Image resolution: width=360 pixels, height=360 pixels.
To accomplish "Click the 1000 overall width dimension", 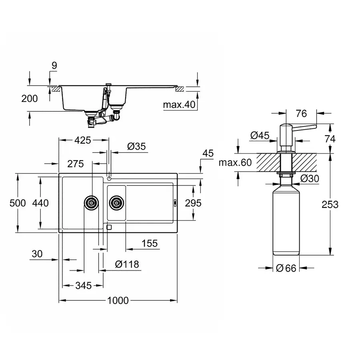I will coord(118,300).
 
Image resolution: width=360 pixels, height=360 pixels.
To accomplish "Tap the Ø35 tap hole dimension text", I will coord(136,147).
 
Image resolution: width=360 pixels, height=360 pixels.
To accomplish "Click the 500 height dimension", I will coord(17,203).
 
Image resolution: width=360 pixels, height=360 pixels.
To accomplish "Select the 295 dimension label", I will coord(193,203).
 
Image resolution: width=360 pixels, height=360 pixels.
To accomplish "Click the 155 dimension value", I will coord(149,243).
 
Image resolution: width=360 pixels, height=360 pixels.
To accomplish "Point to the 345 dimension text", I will coord(83,285).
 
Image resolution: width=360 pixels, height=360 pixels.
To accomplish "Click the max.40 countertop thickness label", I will coord(179,105).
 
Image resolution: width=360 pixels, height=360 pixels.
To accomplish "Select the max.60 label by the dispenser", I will coord(235,162).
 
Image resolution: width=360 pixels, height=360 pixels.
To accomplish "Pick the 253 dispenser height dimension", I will coord(330,204).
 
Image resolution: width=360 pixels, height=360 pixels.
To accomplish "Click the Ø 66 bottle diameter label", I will coord(286,268).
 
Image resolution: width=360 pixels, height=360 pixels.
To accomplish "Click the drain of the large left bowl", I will coord(91,203).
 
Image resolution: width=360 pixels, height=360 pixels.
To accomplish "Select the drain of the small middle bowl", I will coord(116,203).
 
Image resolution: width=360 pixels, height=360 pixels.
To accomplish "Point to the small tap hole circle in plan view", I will coord(109,178).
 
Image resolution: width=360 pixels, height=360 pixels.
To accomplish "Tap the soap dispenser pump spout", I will coord(305,127).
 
